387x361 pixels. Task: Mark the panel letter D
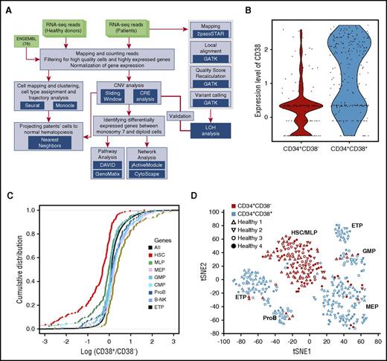pyautogui.click(x=202, y=197)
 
